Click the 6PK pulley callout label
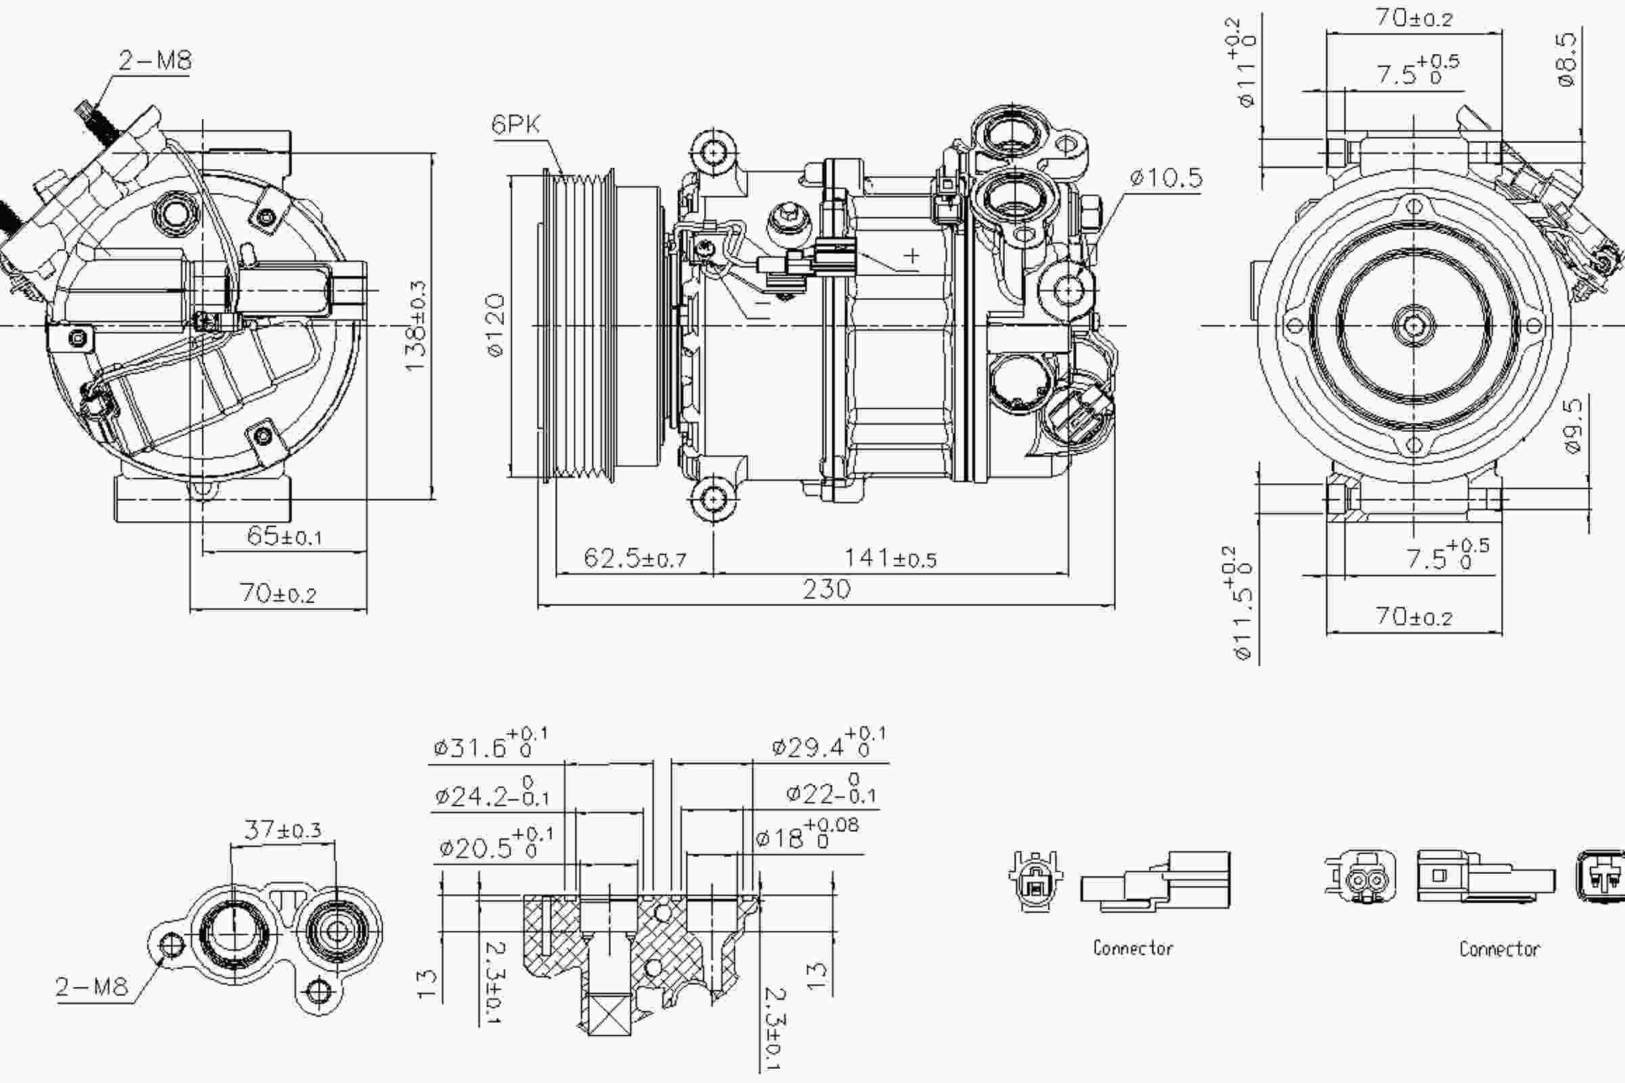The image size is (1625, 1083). tap(515, 125)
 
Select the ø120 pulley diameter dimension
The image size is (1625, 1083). tap(496, 325)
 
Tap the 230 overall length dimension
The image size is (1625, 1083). tap(826, 589)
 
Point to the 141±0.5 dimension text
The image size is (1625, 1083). tap(890, 558)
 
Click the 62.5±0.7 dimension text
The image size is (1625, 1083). tap(634, 558)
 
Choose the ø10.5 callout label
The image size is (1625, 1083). tap(1166, 178)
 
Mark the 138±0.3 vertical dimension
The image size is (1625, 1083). tap(416, 325)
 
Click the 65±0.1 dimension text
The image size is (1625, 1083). tap(284, 536)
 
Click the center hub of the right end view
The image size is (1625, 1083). tap(1414, 326)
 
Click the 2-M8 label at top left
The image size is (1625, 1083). tap(155, 61)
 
